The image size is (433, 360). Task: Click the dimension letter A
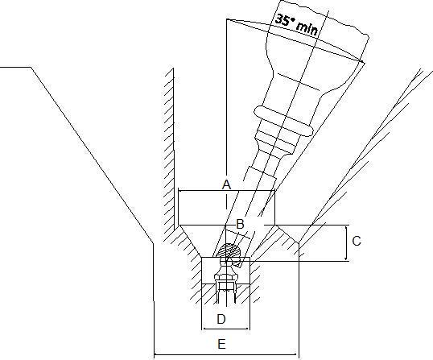(226, 184)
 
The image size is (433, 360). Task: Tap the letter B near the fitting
(241, 224)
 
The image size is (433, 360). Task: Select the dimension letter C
(357, 241)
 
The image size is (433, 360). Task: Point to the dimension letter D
(221, 319)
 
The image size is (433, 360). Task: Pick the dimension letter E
(221, 344)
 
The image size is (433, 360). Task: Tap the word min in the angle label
(307, 28)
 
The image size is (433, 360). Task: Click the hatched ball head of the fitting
(229, 250)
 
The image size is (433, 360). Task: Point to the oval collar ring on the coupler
(283, 122)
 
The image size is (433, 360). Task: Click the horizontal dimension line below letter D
(225, 329)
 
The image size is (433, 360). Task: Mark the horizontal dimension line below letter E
(225, 354)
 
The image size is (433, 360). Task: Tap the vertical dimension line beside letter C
(346, 243)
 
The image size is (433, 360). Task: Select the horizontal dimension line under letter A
(226, 190)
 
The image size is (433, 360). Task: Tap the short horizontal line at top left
(15, 67)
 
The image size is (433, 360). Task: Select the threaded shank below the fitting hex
(226, 293)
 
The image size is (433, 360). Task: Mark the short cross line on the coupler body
(299, 82)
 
